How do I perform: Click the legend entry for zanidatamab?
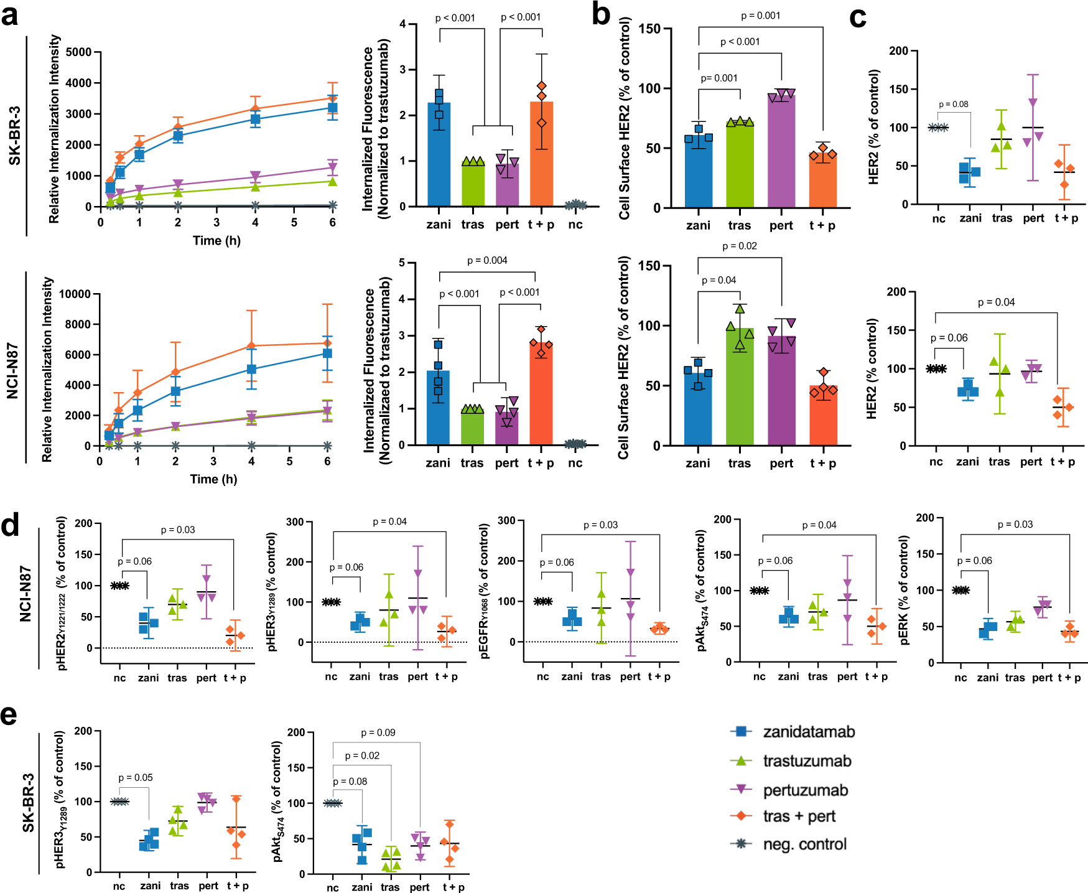808,732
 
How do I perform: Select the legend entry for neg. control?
804,844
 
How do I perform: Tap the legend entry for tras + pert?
799,816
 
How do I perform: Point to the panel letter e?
9,715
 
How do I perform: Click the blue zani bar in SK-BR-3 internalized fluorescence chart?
439,156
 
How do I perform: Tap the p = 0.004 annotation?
487,260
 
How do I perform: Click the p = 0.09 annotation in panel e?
378,732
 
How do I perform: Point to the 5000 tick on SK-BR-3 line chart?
78,52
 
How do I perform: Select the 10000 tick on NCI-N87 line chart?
75,294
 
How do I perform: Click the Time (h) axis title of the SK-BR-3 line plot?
216,240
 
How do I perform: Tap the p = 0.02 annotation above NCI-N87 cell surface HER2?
740,246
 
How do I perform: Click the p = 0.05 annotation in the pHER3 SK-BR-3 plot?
135,777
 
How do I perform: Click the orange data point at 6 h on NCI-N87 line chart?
327,343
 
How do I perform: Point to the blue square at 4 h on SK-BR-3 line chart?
255,119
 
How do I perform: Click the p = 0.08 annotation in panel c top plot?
953,104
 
